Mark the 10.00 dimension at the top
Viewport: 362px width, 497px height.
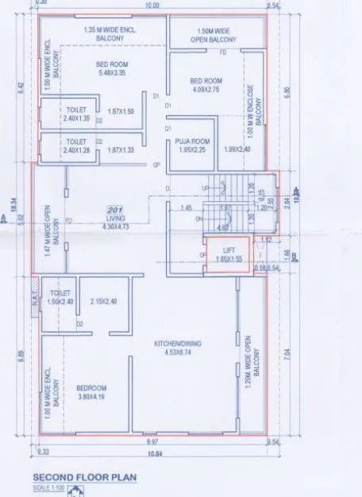click(x=151, y=5)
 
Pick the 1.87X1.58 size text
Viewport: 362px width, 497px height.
click(x=121, y=111)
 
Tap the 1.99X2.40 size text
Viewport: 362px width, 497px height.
click(x=237, y=149)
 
